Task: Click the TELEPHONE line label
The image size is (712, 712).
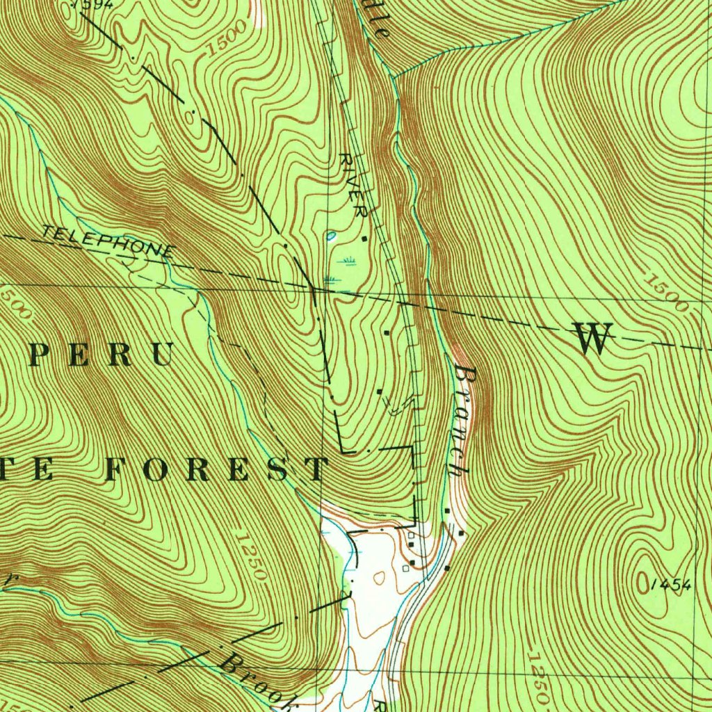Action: click(x=108, y=241)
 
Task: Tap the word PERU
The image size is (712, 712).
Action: click(x=101, y=355)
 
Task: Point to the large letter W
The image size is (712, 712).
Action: click(x=593, y=339)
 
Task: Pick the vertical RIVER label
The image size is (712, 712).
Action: click(x=353, y=186)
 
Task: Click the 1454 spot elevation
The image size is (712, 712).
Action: click(x=672, y=585)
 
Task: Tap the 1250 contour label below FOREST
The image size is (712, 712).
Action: click(x=251, y=556)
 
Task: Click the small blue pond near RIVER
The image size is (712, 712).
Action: click(x=330, y=236)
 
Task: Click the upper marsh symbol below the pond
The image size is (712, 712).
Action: click(x=347, y=261)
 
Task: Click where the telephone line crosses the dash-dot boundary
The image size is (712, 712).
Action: click(x=311, y=286)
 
